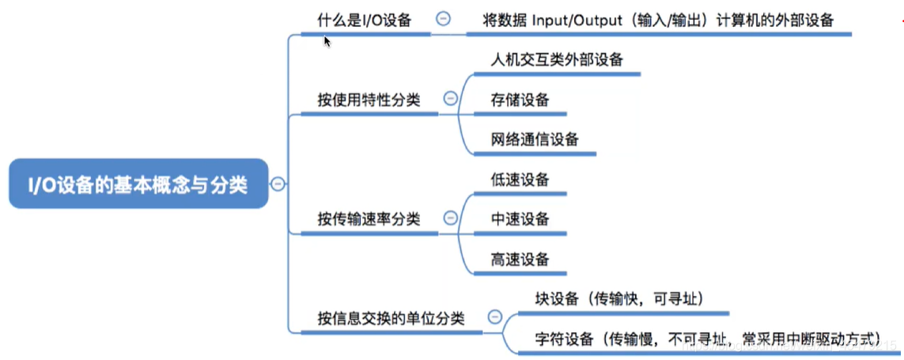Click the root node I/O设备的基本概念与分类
138,185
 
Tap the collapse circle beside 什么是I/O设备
443,19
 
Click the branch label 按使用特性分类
368,100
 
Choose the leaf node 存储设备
520,100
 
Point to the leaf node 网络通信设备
534,139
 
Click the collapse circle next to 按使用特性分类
450,99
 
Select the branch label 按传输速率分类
368,218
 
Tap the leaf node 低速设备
520,180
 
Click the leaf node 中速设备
520,218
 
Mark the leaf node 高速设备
520,259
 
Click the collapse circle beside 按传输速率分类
450,218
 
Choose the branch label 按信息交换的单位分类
391,317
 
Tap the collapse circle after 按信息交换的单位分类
495,316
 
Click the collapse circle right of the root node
278,184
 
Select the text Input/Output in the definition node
577,21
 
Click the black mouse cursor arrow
327,40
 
